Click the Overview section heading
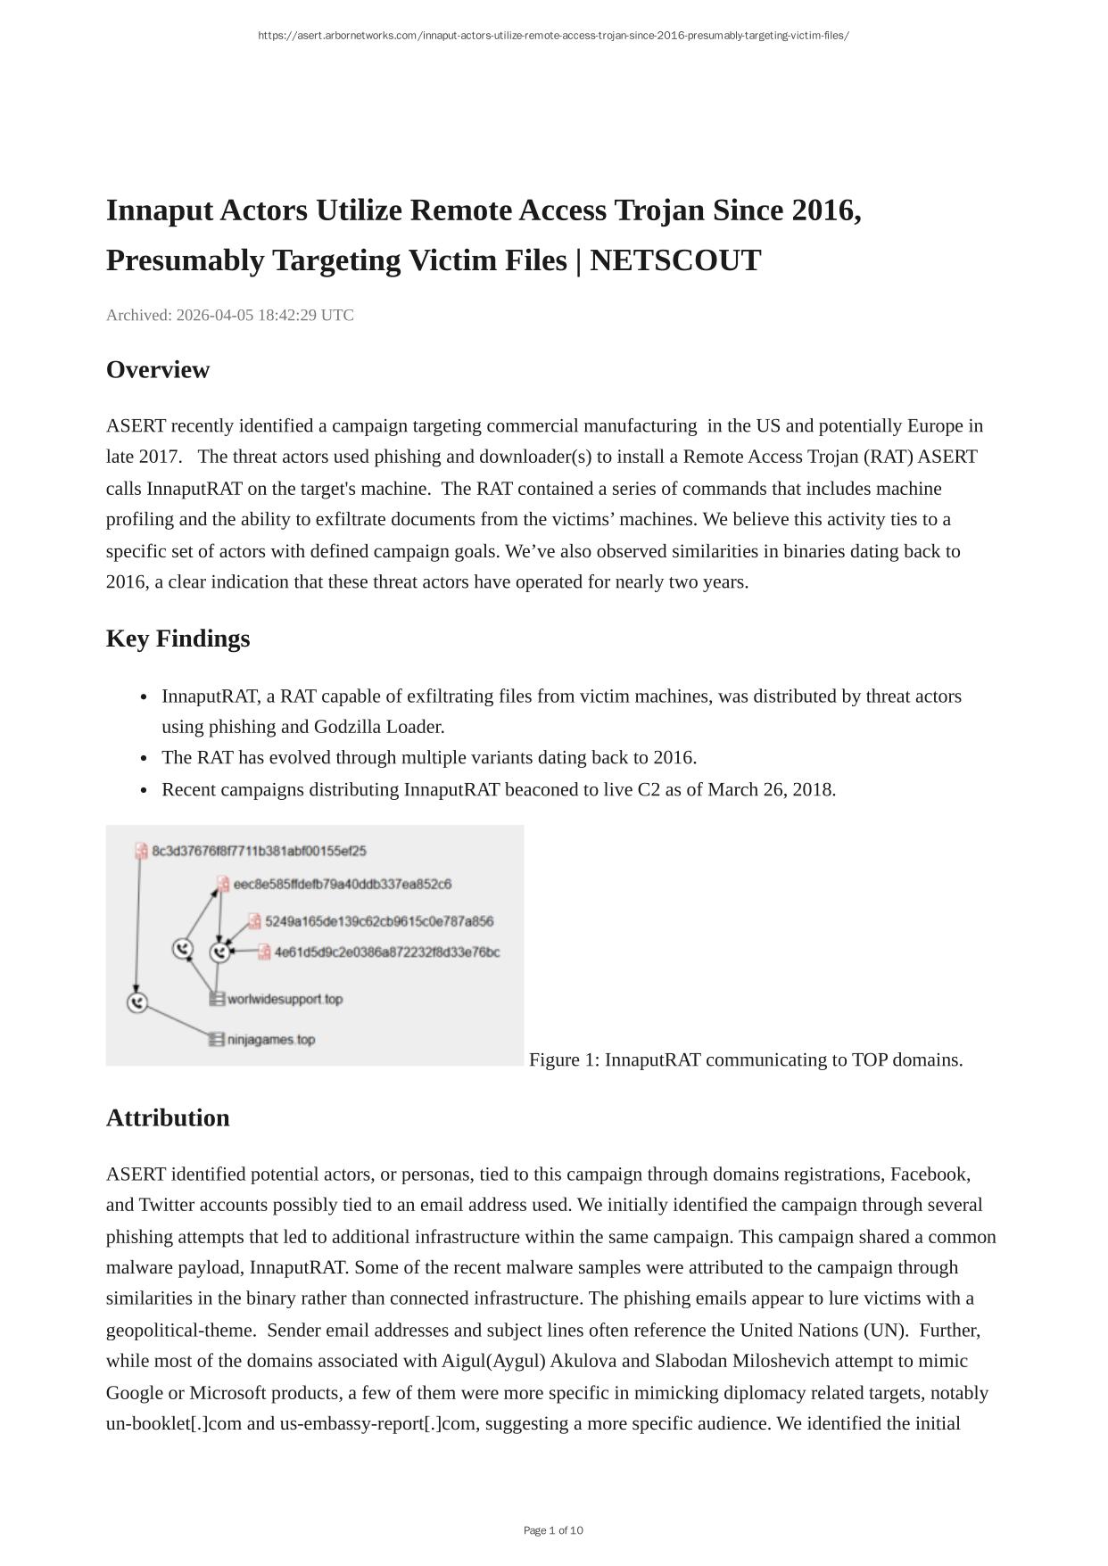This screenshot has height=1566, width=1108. pyautogui.click(x=158, y=370)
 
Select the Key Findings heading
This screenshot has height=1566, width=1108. pyautogui.click(x=178, y=639)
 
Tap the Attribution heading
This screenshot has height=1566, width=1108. pyautogui.click(x=168, y=1117)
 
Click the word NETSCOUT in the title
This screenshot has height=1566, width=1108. pyautogui.click(x=675, y=260)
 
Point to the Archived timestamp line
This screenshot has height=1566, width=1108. pyautogui.click(x=229, y=315)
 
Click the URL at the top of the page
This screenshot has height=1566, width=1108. pyautogui.click(x=553, y=36)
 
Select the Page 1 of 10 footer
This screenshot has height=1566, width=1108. pyautogui.click(x=553, y=1530)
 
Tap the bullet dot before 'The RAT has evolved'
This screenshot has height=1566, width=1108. pyautogui.click(x=145, y=759)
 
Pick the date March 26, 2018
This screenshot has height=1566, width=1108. pyautogui.click(x=771, y=789)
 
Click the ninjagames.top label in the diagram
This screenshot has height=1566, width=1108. pyautogui.click(x=271, y=1040)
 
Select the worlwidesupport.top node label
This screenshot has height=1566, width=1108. pyautogui.click(x=285, y=999)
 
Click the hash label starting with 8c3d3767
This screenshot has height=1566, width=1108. pyautogui.click(x=259, y=851)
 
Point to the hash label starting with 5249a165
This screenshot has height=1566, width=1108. pyautogui.click(x=378, y=921)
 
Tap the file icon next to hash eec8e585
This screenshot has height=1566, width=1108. pyautogui.click(x=223, y=884)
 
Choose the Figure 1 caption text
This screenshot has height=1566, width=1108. pyautogui.click(x=746, y=1059)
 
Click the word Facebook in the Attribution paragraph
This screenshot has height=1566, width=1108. pyautogui.click(x=930, y=1174)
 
